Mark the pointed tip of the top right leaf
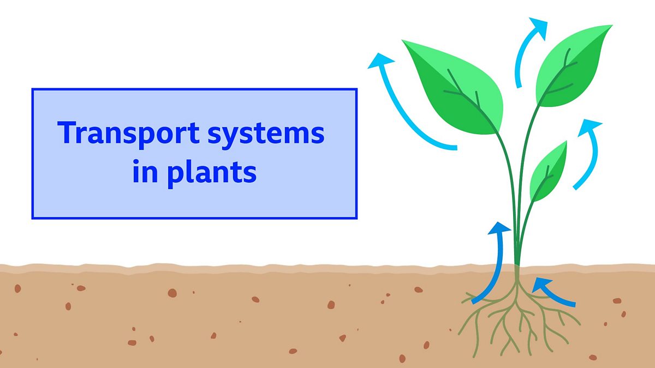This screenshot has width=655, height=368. tap(611, 26)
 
